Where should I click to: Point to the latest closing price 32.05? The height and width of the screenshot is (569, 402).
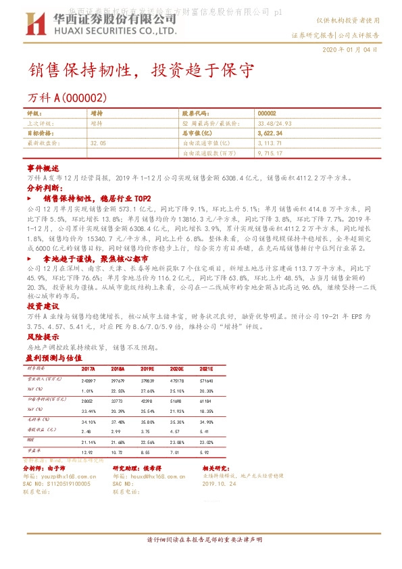tap(98, 144)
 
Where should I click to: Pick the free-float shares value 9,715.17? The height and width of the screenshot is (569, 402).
tap(270, 154)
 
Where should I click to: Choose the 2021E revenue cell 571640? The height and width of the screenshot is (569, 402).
tap(206, 380)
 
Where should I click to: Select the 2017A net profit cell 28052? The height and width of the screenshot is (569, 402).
tap(87, 401)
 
